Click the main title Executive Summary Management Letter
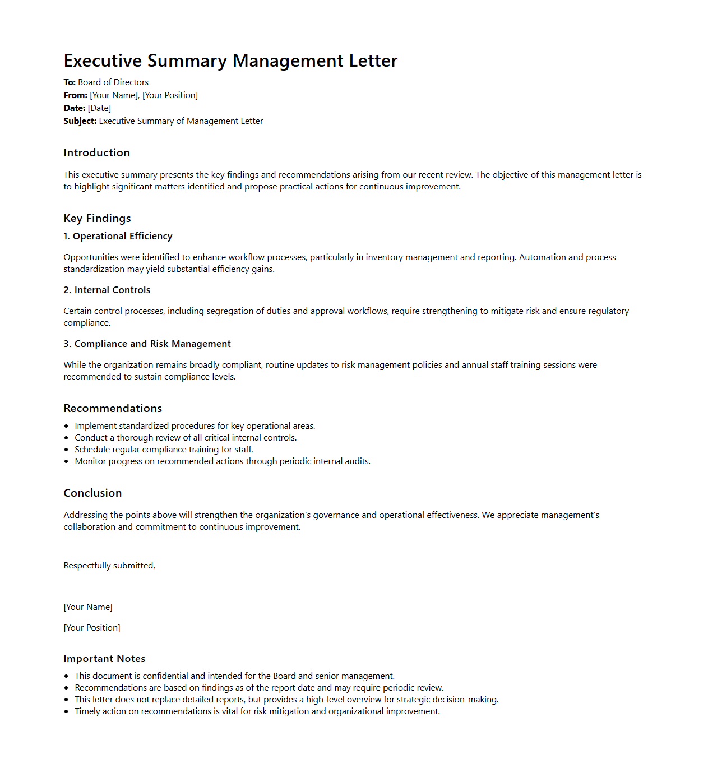230,61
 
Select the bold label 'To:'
70,82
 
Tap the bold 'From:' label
75,95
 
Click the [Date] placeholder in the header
99,108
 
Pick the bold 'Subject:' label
80,121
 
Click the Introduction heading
96,153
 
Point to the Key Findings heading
97,219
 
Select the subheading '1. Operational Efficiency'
118,237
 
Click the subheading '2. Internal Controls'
107,290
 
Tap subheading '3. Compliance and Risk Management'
147,344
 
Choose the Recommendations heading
113,409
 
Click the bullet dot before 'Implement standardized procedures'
66,427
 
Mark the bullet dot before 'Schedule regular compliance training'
66,450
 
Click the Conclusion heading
92,493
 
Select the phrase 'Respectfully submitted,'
109,566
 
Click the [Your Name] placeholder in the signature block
88,607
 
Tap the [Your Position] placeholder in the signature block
92,628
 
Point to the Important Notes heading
104,659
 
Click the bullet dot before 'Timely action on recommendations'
66,712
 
